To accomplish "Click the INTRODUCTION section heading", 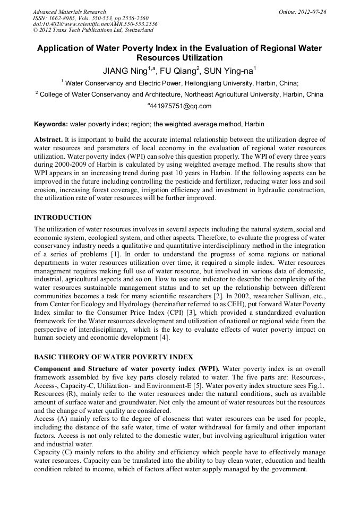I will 63,218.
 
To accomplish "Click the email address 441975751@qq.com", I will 181,106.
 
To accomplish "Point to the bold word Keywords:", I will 51,124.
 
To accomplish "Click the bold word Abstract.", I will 48,139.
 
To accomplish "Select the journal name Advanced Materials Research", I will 69,11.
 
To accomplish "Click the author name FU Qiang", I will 178,70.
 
